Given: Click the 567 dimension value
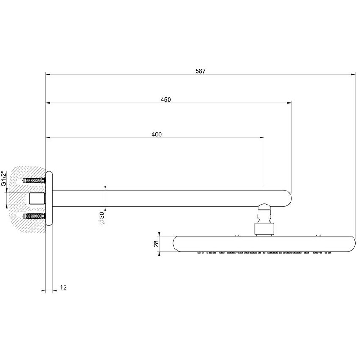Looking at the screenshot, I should (200, 71).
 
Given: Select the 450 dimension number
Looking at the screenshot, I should (166, 100).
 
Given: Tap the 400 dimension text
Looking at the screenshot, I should (156, 134).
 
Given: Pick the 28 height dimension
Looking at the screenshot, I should (156, 244).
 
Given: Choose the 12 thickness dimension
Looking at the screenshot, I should (63, 287).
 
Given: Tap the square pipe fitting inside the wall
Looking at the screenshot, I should (37, 199).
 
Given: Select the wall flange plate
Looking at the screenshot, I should (49, 199).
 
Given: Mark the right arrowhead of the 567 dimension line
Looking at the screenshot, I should (353, 75).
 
